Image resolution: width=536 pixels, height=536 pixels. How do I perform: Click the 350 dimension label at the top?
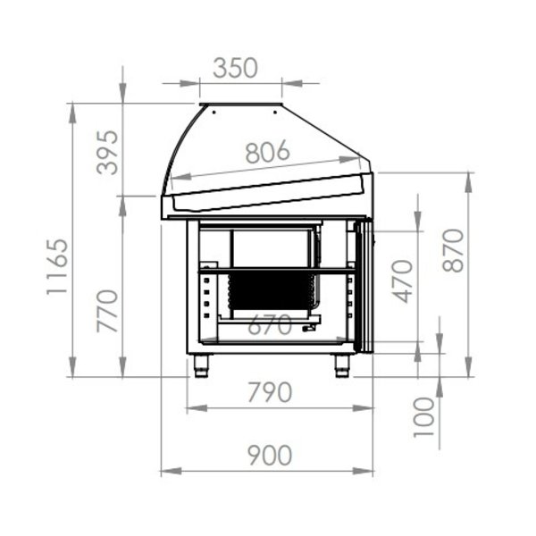pos(235,68)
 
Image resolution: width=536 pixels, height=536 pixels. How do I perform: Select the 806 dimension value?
pos(268,152)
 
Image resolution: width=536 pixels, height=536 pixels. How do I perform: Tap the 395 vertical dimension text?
pos(107,153)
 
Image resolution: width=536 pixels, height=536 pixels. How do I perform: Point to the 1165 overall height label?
pos(57,266)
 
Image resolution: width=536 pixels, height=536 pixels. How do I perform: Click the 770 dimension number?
pos(107,311)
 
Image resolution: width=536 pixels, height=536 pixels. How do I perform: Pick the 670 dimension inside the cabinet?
pos(270,325)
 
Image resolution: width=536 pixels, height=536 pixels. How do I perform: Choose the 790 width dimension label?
pos(270,392)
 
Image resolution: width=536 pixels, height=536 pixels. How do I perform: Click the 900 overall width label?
pos(270,455)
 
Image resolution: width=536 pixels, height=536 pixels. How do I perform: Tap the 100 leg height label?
pos(423,417)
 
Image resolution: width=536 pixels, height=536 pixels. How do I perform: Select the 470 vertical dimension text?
pos(402,281)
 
